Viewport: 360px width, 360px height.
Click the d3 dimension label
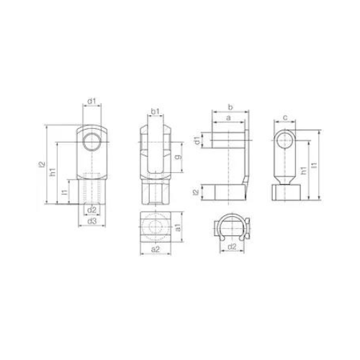point(91,222)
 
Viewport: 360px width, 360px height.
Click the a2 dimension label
point(155,250)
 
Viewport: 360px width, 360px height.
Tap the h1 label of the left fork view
point(53,174)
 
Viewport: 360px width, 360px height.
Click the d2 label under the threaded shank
point(91,210)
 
